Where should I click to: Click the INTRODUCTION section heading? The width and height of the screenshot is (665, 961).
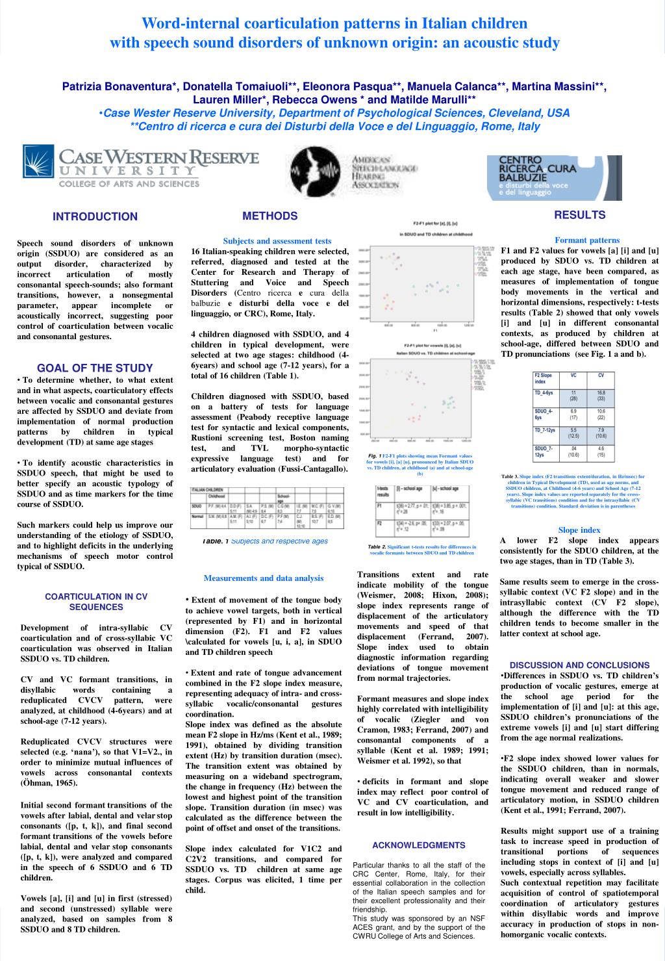(95, 217)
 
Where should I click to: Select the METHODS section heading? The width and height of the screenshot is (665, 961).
(270, 216)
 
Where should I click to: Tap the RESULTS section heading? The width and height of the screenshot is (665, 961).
(579, 215)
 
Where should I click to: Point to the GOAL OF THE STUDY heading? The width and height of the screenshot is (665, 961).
(95, 368)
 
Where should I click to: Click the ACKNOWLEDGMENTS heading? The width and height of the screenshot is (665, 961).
(419, 845)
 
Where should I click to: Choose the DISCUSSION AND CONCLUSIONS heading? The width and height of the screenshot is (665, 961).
(579, 665)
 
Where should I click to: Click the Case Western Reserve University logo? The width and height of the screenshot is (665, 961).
(141, 167)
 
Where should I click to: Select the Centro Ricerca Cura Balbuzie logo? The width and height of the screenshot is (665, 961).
(554, 177)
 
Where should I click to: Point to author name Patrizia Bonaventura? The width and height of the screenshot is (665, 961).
(120, 86)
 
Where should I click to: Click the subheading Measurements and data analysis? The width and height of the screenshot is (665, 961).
(263, 578)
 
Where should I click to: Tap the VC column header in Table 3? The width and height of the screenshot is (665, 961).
(573, 376)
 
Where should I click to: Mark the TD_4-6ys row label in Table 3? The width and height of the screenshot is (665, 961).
(544, 393)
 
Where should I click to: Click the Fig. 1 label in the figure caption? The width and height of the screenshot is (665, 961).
(374, 456)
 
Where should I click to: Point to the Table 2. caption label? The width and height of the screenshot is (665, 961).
(377, 547)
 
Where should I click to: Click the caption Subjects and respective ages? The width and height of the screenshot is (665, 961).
(279, 541)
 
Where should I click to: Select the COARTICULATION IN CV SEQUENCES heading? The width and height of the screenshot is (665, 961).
(96, 602)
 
